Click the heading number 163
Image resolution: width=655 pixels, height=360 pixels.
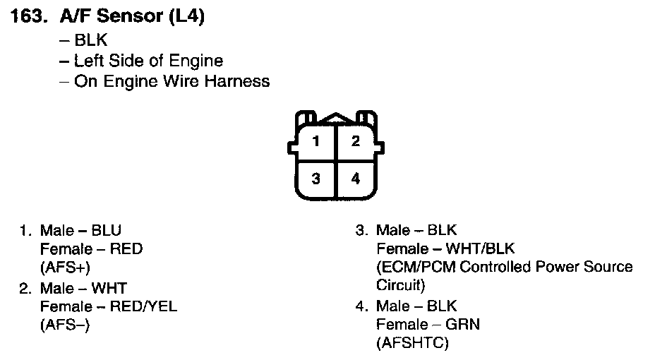coord(30,18)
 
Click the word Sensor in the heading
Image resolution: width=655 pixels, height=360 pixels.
coord(126,18)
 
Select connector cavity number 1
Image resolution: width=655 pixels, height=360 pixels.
coord(316,141)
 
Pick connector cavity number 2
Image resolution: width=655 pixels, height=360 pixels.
coord(356,141)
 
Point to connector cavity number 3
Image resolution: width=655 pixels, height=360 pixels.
coord(316,179)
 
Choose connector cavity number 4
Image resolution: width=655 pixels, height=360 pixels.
coord(356,179)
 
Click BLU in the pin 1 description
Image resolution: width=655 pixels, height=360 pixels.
coord(107,230)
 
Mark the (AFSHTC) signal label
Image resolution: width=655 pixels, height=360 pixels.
coord(412,343)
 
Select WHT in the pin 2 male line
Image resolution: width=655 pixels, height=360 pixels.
coord(109,288)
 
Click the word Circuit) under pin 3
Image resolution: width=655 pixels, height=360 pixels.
coord(400,286)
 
